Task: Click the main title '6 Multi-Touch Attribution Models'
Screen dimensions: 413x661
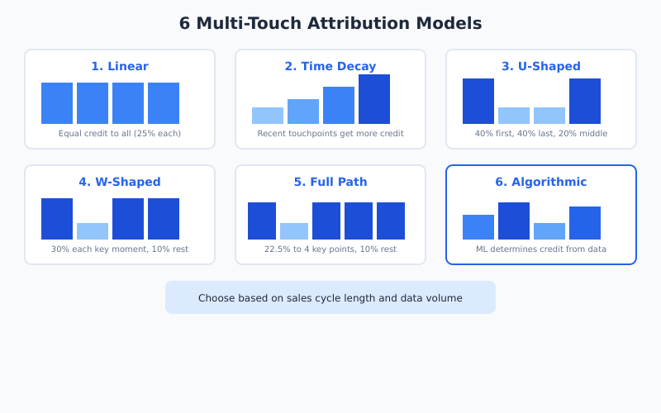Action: point(330,23)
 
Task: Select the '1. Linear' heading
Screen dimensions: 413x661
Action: point(120,66)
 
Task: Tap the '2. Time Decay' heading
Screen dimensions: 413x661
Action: point(330,66)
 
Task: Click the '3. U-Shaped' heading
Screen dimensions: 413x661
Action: point(541,66)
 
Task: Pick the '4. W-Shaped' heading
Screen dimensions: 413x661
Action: point(120,182)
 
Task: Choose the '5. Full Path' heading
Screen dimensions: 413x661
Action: point(330,182)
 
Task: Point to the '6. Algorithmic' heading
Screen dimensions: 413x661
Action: point(541,182)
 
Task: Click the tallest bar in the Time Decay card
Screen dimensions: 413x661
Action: point(374,99)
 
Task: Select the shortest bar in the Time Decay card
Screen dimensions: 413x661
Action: point(268,116)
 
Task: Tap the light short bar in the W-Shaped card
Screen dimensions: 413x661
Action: point(93,231)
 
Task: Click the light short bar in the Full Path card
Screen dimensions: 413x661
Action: point(294,231)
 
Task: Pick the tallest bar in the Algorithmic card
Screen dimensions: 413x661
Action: point(514,221)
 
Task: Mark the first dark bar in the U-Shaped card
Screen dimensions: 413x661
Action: point(478,101)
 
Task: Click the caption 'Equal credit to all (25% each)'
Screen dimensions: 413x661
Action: point(120,133)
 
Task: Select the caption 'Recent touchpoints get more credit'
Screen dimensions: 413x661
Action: point(330,133)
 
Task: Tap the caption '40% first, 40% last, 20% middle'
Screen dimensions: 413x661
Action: point(541,133)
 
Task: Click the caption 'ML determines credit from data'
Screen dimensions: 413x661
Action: point(541,249)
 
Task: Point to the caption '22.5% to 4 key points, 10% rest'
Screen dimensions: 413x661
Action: point(330,249)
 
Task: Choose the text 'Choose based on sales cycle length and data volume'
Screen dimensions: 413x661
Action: point(330,297)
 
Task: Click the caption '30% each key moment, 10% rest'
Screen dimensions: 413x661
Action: point(120,249)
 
